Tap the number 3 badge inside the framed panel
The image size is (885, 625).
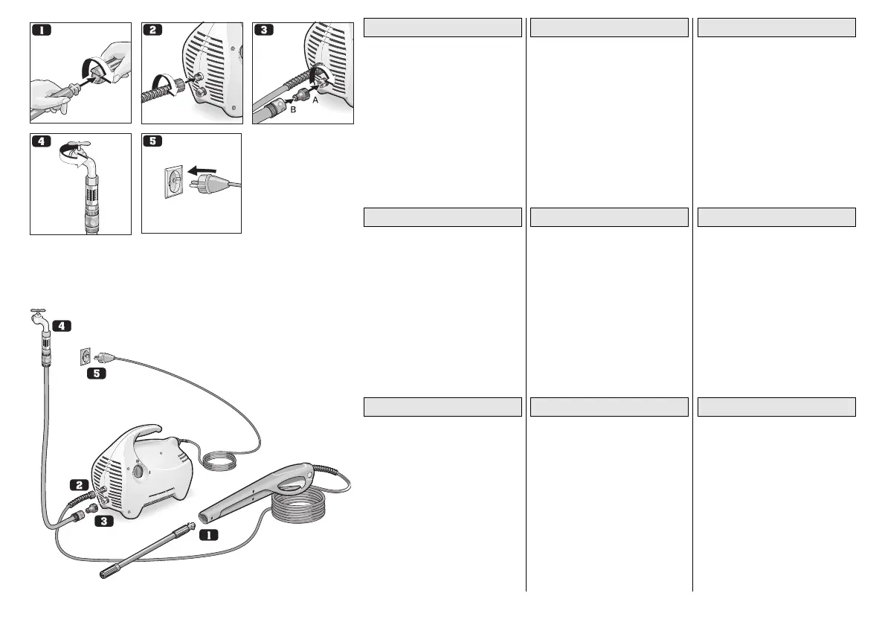tap(264, 31)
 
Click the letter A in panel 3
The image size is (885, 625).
tap(315, 103)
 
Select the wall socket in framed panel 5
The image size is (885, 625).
tap(172, 182)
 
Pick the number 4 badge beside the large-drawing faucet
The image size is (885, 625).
tap(62, 325)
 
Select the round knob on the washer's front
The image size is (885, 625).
tap(138, 473)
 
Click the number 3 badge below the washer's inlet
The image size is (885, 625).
tap(103, 522)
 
